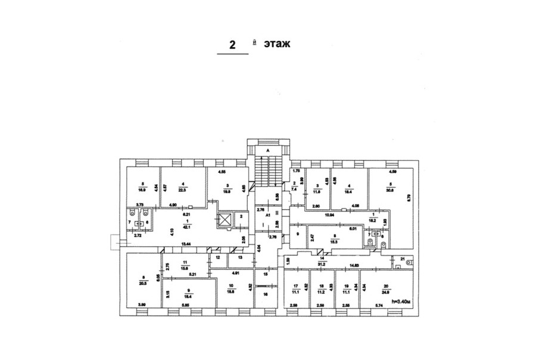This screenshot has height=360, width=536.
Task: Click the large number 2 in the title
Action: [232, 45]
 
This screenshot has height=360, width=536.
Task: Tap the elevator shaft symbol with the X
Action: [225, 219]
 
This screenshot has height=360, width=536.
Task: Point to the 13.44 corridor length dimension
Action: [187, 244]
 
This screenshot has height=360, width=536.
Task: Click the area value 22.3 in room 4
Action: [183, 190]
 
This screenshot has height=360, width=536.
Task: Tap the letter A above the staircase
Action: [268, 151]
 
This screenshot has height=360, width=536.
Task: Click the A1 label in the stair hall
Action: [268, 214]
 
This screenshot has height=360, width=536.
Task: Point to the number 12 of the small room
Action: [218, 257]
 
